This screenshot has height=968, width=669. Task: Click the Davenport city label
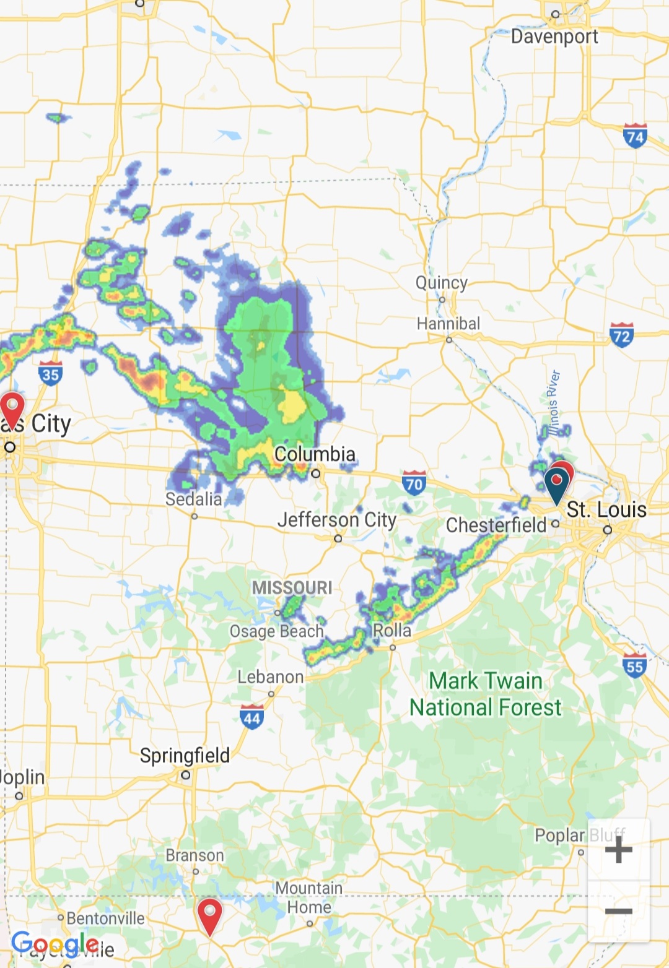coord(554,37)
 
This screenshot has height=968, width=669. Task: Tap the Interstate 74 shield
coord(635,136)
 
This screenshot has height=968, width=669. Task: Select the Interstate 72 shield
coord(621,335)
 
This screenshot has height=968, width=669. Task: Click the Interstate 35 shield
coord(50,373)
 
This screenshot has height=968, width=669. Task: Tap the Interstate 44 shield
coord(251,717)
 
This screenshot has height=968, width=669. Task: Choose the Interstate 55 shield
coord(634,665)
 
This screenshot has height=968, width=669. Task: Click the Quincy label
coord(441,283)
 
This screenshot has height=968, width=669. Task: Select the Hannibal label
coord(448,324)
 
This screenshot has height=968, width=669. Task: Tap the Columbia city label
coord(315,454)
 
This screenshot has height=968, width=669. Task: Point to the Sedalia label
coord(193,499)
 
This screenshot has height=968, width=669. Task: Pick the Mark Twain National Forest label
coord(486,694)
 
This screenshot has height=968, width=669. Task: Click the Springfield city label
coord(185,755)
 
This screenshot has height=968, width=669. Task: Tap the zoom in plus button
coord(618,849)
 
